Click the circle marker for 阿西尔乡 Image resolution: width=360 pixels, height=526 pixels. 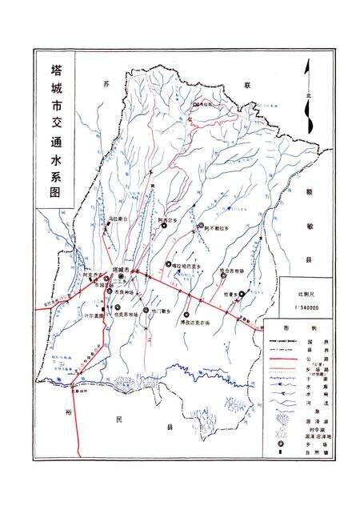[x=164, y=226]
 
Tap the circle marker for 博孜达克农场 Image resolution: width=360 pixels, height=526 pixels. [x=186, y=314]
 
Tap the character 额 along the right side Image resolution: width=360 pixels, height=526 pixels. [x=308, y=192]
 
